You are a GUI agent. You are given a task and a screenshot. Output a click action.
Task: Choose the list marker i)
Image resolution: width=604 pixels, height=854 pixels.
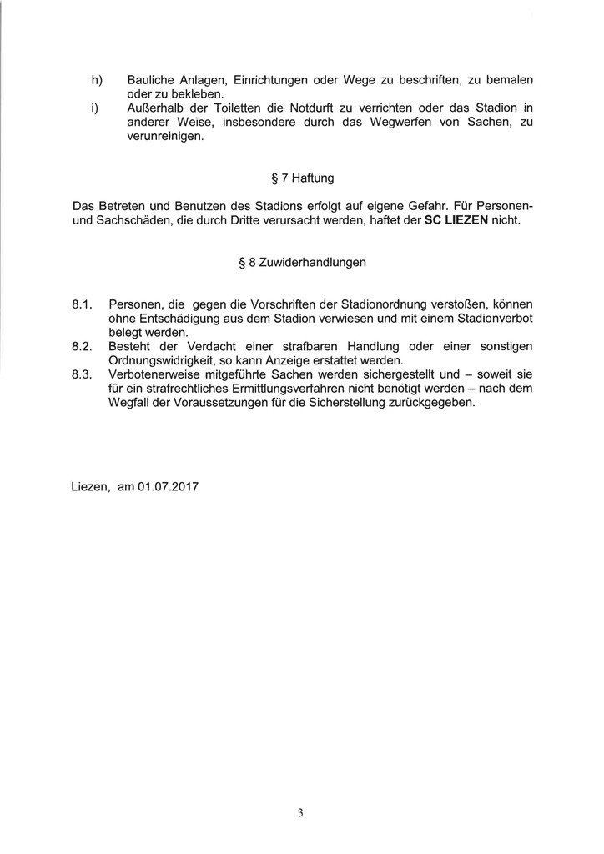click(94, 108)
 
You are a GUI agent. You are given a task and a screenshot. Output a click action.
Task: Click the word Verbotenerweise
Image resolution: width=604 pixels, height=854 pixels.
click(159, 375)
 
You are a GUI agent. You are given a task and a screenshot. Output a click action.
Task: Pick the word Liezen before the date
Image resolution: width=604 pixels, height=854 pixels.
click(89, 485)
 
